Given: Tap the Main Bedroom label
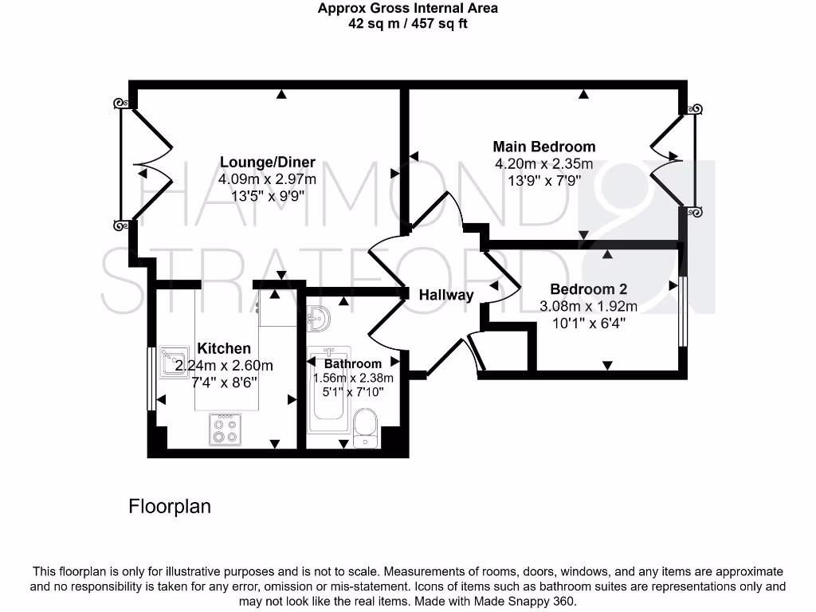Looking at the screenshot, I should pos(543,147).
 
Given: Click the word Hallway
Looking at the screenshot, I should pos(446,295).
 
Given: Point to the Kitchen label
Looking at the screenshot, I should pos(224,348).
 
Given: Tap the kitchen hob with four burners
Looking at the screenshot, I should pos(224,430).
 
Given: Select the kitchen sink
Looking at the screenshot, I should pos(173,362).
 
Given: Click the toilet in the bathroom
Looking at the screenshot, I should pos(367,429).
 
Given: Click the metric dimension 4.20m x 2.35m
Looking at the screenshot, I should pos(543,164).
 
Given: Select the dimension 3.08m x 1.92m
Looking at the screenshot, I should pos(588,306).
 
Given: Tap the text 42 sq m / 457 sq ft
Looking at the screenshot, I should pos(408,24).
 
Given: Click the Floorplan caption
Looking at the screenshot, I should pos(170,506).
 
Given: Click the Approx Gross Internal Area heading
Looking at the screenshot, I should pos(408,9).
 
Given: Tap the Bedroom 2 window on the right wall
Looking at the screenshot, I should pos(682,311).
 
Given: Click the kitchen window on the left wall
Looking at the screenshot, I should pos(151,379).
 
